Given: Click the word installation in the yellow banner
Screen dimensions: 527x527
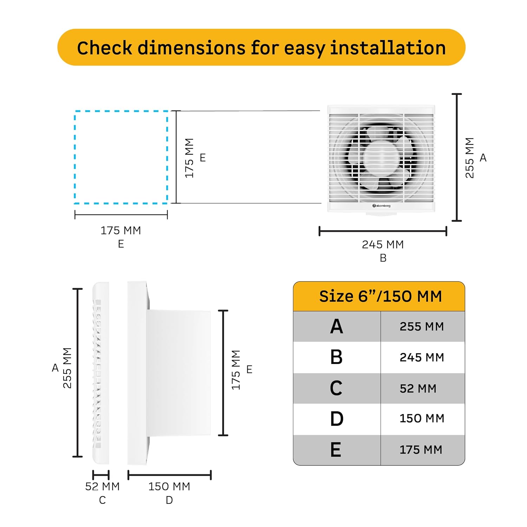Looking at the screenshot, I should click(388, 48).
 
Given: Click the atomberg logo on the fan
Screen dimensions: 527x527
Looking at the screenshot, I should click(381, 206).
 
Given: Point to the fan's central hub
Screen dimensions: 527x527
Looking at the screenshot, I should click(379, 158).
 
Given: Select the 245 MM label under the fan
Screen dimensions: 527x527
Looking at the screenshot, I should click(383, 245).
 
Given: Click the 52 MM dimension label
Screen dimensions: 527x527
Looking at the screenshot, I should click(102, 487).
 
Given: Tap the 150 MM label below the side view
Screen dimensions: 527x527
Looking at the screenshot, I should click(169, 487).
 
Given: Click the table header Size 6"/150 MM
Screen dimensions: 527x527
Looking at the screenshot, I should click(380, 296).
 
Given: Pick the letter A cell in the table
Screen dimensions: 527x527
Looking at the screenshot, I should click(336, 326).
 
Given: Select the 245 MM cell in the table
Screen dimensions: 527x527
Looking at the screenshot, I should click(422, 357).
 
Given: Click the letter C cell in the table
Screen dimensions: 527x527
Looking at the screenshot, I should click(336, 388).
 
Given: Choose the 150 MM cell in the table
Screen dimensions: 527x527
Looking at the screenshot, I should click(422, 418).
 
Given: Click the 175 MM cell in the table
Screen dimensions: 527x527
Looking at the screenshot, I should click(421, 450).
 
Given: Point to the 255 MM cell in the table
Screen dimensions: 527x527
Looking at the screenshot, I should click(422, 326).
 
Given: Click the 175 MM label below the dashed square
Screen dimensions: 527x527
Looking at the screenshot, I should click(121, 230).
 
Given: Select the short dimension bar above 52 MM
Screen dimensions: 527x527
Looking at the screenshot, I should click(101, 475).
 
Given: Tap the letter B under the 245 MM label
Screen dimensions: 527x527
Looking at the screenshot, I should click(383, 258).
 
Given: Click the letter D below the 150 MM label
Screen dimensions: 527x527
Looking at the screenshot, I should click(169, 500).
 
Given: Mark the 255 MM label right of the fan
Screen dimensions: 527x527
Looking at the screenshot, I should click(470, 158).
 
